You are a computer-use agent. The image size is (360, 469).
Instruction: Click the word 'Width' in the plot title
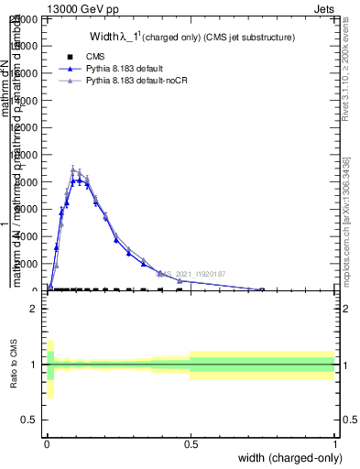tap(106, 38)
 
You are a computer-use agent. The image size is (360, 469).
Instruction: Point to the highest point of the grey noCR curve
tap(73, 169)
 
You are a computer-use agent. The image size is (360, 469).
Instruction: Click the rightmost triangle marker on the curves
tap(263, 289)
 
